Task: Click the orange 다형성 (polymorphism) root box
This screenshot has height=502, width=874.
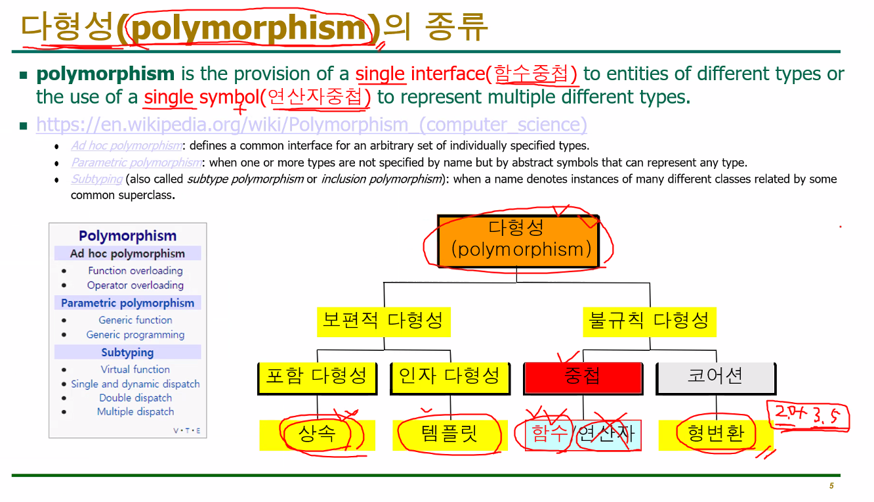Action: tap(518, 241)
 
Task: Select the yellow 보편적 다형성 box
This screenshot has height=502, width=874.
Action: tap(383, 321)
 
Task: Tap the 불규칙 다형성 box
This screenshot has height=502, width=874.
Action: tap(649, 321)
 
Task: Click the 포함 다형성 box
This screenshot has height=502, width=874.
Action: tap(317, 377)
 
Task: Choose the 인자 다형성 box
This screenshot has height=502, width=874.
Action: tap(449, 377)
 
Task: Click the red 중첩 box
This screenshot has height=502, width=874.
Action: tap(583, 377)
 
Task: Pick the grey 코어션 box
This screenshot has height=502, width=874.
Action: tap(715, 377)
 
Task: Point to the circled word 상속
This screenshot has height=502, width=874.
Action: tap(317, 434)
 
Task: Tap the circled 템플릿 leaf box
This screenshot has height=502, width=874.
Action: tap(449, 434)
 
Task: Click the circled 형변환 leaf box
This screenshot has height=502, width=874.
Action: tap(716, 434)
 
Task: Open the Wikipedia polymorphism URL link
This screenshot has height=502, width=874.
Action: tap(312, 124)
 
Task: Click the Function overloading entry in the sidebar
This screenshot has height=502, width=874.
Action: tap(135, 271)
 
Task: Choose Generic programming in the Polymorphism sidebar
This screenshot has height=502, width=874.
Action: tap(135, 334)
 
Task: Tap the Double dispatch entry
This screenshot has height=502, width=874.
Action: tap(135, 398)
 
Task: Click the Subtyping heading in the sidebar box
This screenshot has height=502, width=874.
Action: tap(127, 352)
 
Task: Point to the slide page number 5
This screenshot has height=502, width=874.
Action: tap(831, 486)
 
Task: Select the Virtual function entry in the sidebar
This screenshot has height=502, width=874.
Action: tap(135, 369)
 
